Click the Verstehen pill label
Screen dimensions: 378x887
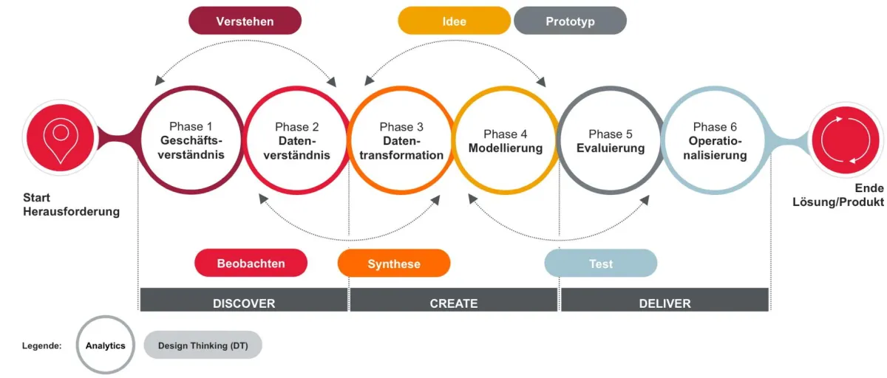(245, 21)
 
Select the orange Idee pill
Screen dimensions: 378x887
(454, 21)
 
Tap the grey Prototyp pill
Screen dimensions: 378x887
(570, 21)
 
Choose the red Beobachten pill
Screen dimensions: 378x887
(251, 263)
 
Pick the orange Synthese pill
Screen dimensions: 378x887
(393, 264)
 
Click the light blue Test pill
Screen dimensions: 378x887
(600, 263)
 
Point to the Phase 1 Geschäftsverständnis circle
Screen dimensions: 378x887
(191, 140)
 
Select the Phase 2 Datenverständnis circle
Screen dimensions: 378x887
(296, 140)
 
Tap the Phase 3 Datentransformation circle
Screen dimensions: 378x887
(401, 140)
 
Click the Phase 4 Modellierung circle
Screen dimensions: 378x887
(506, 140)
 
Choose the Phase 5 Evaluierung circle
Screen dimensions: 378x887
(611, 140)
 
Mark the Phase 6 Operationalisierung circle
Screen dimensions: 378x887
(715, 140)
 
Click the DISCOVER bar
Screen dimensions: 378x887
(244, 303)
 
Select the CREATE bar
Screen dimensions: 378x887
(454, 303)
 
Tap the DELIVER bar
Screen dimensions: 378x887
(665, 303)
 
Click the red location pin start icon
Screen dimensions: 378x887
(60, 137)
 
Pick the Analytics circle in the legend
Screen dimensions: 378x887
(106, 345)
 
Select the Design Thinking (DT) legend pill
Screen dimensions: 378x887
(203, 345)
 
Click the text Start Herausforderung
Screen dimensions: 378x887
(71, 205)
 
